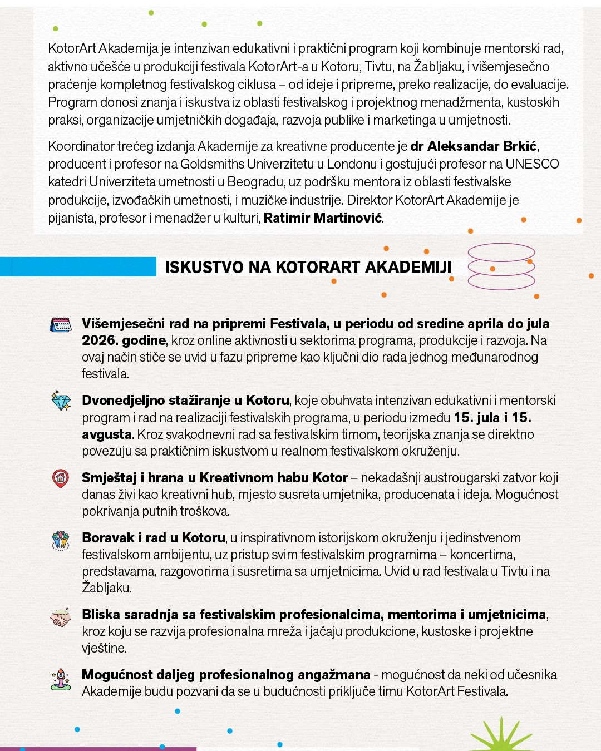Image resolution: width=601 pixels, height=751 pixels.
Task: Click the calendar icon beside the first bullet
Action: coord(61,325)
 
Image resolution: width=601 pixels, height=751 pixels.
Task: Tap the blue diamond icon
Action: coord(61,401)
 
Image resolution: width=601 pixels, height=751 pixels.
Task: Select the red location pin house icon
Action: coord(61,478)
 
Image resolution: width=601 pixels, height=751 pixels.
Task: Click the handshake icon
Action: coord(61,617)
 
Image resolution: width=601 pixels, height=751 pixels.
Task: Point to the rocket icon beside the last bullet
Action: coord(61,679)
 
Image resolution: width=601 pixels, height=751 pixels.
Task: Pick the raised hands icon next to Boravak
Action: coord(61,540)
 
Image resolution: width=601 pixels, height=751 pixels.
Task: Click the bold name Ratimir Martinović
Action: coord(323,218)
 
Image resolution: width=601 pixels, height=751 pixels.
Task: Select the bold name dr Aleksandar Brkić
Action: coord(474,146)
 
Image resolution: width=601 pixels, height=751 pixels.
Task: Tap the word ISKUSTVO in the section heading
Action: coord(204,267)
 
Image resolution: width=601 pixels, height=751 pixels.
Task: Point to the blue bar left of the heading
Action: coord(78,266)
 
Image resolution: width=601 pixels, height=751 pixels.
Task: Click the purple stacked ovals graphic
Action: coord(501,267)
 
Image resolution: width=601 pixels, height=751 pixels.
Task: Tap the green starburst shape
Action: coord(501,735)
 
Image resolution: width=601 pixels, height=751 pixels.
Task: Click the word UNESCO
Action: coord(532,164)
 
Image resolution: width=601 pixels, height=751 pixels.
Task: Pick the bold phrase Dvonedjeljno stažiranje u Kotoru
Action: coord(185,401)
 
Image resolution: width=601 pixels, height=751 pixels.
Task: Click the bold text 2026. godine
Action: coord(124,340)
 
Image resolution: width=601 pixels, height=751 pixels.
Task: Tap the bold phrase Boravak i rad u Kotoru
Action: coord(154,538)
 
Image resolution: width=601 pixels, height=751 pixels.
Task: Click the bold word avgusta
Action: coord(107,434)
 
